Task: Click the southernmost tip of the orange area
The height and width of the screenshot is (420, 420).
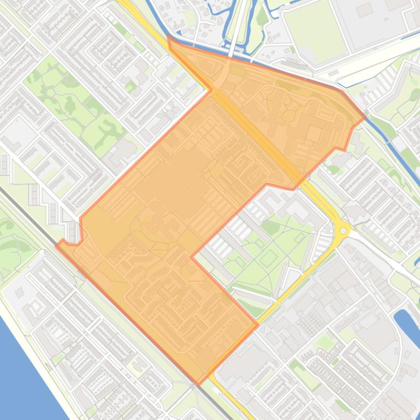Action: coord(198,384)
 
